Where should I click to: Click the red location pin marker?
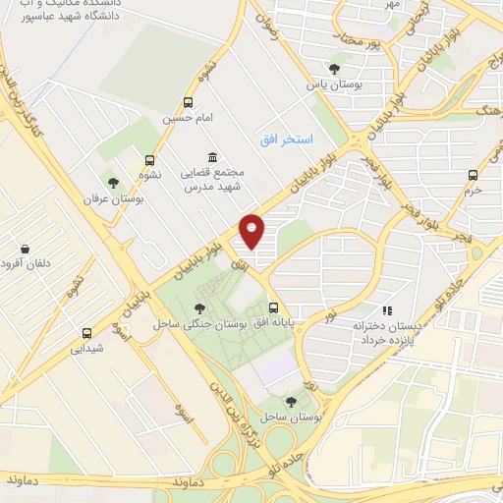click(252, 232)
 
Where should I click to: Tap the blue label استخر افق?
click(287, 141)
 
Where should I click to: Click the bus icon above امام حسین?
click(189, 102)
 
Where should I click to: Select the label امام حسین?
click(189, 119)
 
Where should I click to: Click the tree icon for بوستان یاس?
click(334, 68)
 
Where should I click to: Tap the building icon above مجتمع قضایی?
click(212, 156)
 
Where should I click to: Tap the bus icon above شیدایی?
click(87, 332)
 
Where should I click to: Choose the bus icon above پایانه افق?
click(273, 307)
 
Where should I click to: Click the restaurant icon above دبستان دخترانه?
click(386, 309)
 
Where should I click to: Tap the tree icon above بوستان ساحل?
click(290, 401)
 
